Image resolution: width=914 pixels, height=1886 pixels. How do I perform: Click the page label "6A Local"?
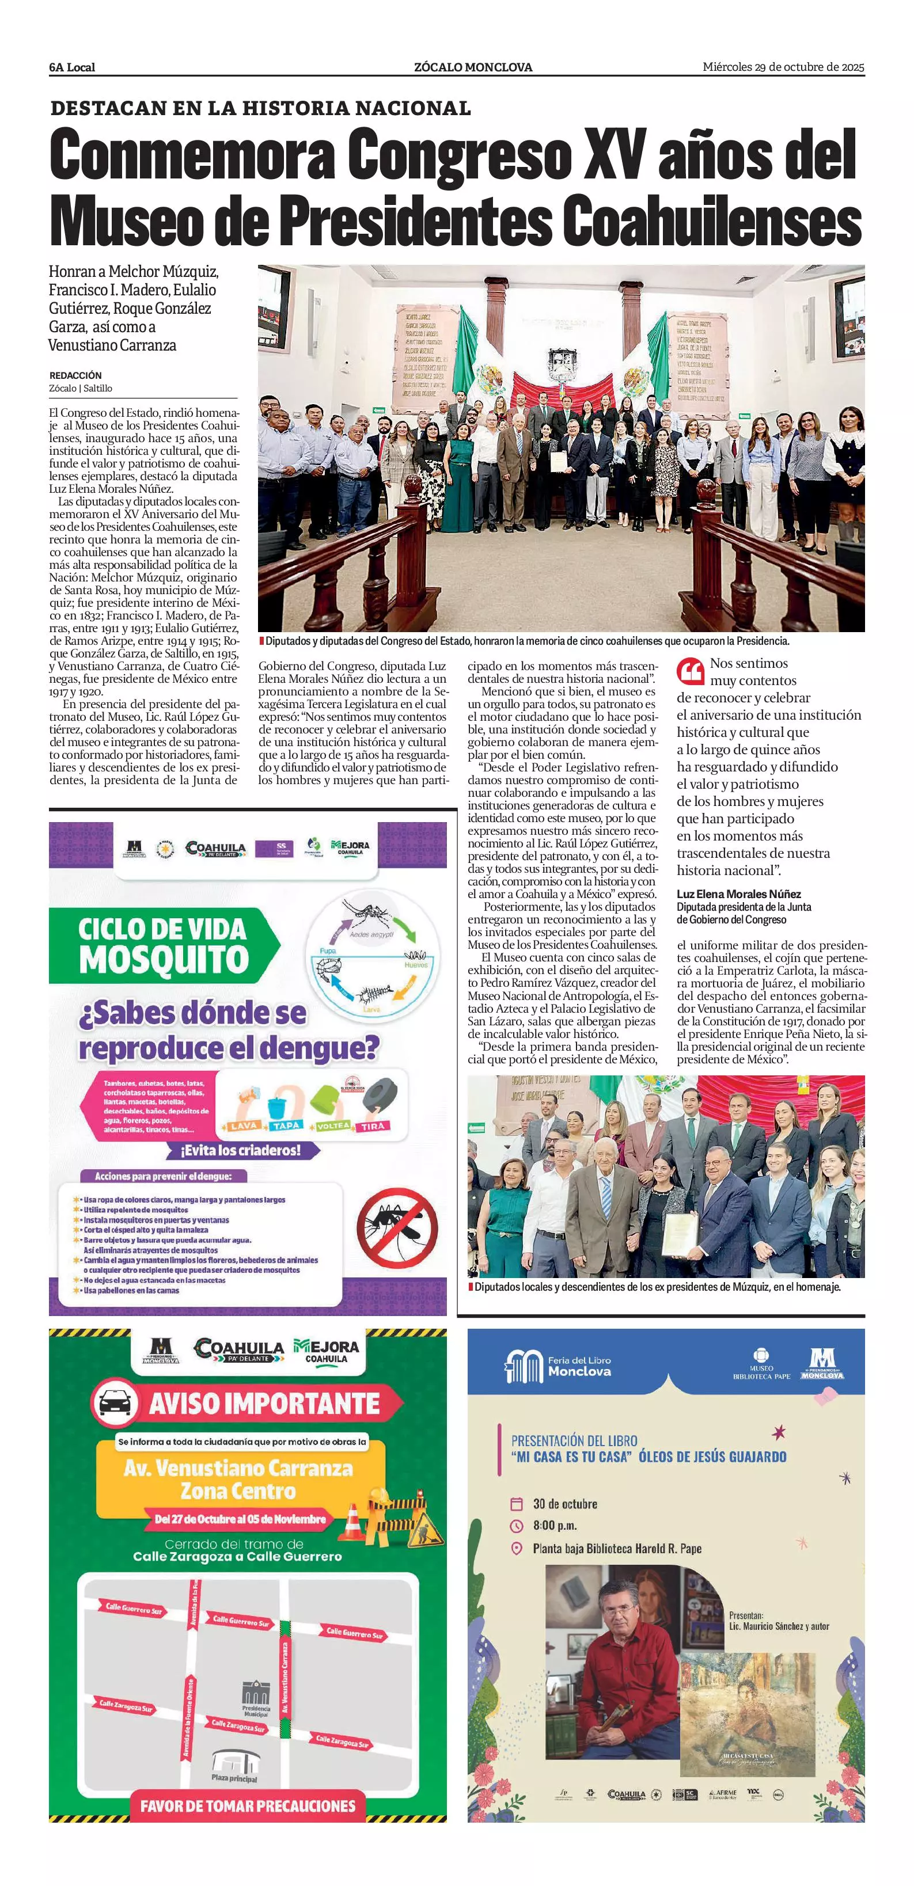point(72,67)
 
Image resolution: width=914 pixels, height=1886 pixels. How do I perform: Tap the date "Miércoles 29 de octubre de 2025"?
point(783,67)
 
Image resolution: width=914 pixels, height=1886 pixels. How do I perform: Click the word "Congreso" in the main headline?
point(459,155)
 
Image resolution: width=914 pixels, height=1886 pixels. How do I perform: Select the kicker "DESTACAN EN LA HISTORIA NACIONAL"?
point(260,108)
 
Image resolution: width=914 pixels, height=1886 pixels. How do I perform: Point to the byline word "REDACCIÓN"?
point(75,375)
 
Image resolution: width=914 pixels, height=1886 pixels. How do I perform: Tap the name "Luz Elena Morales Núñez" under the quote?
point(738,894)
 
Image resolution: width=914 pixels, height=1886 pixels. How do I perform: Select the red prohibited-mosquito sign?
point(397,1227)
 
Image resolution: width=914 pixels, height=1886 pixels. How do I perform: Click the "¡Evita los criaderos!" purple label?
point(240,1150)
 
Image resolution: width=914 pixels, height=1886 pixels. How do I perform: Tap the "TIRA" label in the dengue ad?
point(372,1126)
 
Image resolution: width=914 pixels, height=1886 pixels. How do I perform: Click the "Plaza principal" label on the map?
point(234,1778)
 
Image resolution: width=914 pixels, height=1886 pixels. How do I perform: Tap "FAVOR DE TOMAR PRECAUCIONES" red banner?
point(248,1805)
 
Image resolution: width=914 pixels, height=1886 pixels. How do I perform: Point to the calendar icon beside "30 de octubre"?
point(517,1504)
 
